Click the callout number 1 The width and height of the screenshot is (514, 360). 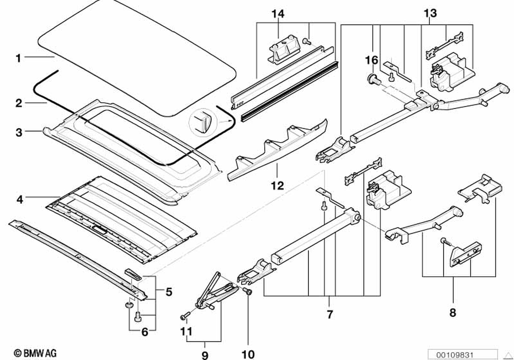(x=19, y=58)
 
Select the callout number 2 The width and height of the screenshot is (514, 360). (x=19, y=103)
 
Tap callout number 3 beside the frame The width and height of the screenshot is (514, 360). (x=19, y=133)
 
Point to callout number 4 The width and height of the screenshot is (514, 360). (x=20, y=199)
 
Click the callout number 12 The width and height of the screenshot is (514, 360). (x=278, y=186)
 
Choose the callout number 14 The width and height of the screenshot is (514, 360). (x=278, y=14)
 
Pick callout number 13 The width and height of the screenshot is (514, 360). (x=430, y=13)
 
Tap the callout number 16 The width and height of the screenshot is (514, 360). (x=372, y=60)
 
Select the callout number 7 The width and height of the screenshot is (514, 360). (x=330, y=314)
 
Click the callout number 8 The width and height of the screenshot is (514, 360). (x=453, y=313)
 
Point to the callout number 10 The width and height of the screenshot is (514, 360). (x=248, y=354)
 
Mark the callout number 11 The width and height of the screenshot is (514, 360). (x=186, y=331)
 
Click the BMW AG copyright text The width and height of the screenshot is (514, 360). (x=35, y=353)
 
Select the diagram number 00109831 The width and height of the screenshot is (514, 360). (x=454, y=355)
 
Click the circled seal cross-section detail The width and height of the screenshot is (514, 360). (x=201, y=121)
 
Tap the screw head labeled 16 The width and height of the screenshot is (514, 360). (x=372, y=79)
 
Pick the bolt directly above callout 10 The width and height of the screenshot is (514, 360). (x=248, y=291)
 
